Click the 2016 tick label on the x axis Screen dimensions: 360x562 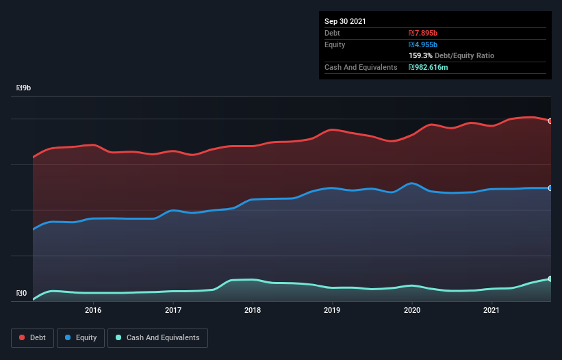pyautogui.click(x=93, y=310)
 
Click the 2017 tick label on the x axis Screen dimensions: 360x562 pyautogui.click(x=173, y=310)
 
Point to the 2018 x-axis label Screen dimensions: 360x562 pyautogui.click(x=253, y=310)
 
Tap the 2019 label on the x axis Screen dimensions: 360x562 pyautogui.click(x=332, y=310)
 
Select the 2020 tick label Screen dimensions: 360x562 pyautogui.click(x=412, y=310)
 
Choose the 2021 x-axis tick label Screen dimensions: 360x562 pyautogui.click(x=491, y=310)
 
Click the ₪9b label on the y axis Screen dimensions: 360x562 pyautogui.click(x=24, y=88)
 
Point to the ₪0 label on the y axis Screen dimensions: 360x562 pyautogui.click(x=22, y=294)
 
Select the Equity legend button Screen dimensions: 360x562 pyautogui.click(x=81, y=337)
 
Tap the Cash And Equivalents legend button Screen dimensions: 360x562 pyautogui.click(x=157, y=337)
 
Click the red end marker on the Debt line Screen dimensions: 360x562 pyautogui.click(x=550, y=121)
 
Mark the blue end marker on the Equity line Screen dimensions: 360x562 pyautogui.click(x=550, y=188)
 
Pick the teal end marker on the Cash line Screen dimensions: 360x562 pyautogui.click(x=550, y=279)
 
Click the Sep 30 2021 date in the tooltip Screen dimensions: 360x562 pyautogui.click(x=345, y=21)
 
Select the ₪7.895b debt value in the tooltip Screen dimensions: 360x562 pyautogui.click(x=423, y=33)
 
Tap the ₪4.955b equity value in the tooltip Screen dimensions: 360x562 pyautogui.click(x=423, y=44)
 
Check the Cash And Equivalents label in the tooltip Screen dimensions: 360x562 pyautogui.click(x=361, y=67)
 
